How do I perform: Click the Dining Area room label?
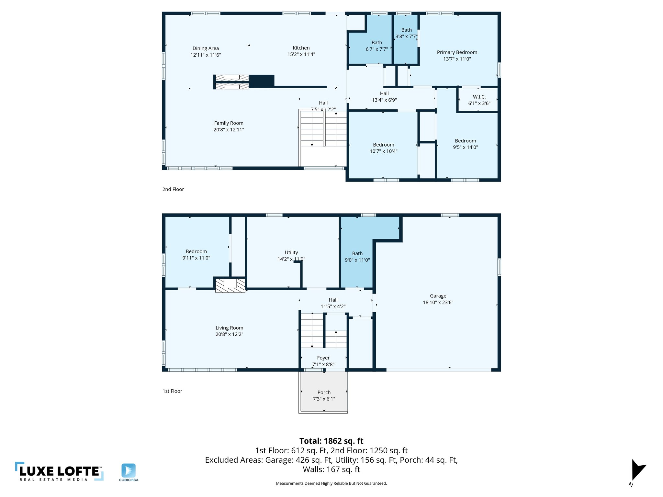pyautogui.click(x=206, y=49)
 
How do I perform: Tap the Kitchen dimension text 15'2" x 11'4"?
pyautogui.click(x=301, y=54)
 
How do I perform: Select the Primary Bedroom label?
pyautogui.click(x=457, y=52)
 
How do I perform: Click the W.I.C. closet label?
pyautogui.click(x=479, y=97)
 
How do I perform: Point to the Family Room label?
pyautogui.click(x=229, y=123)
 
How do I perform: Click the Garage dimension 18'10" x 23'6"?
pyautogui.click(x=438, y=303)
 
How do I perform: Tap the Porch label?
pyautogui.click(x=324, y=392)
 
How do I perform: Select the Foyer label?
pyautogui.click(x=323, y=358)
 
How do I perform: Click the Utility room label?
pyautogui.click(x=291, y=253)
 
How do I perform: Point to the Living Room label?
pyautogui.click(x=229, y=328)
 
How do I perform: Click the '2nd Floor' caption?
pyautogui.click(x=173, y=189)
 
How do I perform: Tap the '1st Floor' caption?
pyautogui.click(x=172, y=391)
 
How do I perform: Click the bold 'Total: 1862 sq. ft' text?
pyautogui.click(x=331, y=441)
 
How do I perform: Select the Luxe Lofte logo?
pyautogui.click(x=59, y=471)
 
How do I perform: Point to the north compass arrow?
pyautogui.click(x=637, y=470)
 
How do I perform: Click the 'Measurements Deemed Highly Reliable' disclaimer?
pyautogui.click(x=331, y=483)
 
